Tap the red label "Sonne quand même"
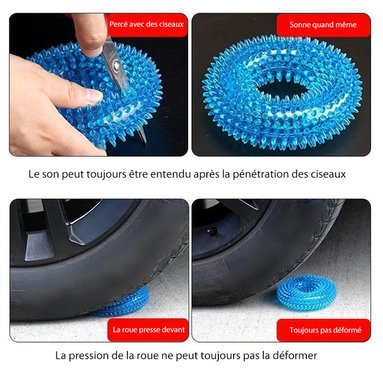(x=323, y=25)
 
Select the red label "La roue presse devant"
(x=148, y=330)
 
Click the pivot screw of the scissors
(x=117, y=65)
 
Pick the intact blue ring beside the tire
(x=307, y=293)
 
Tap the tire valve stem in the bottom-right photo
(x=211, y=230)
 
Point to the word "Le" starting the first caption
(x=34, y=175)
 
